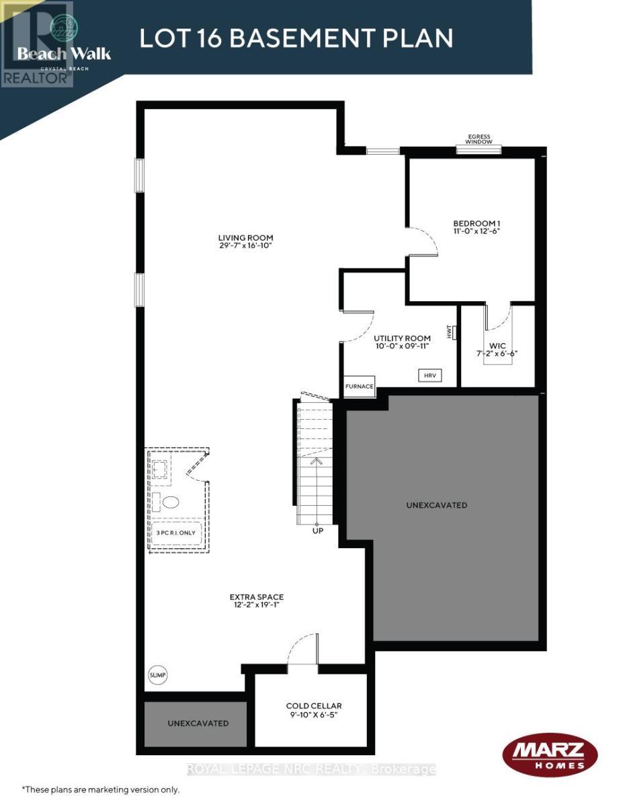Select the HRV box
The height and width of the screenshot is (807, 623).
[429, 375]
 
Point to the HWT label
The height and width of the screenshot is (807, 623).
[450, 332]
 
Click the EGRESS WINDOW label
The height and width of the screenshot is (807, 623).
[479, 139]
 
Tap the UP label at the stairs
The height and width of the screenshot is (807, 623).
[318, 531]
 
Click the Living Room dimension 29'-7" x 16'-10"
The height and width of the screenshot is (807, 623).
[245, 246]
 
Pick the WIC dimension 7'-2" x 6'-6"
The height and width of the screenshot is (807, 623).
[497, 354]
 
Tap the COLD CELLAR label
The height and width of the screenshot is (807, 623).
[314, 705]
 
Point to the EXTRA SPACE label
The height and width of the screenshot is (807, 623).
[257, 597]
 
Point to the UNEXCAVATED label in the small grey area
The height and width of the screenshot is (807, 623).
[198, 723]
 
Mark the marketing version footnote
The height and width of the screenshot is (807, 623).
[101, 789]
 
